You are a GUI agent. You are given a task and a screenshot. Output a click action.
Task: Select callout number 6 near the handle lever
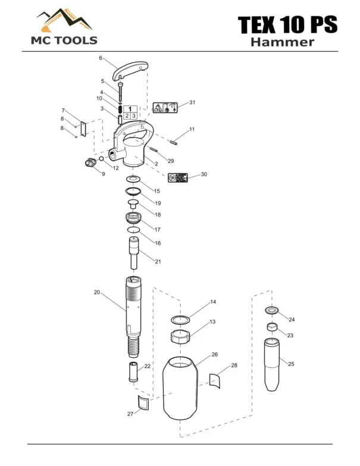101,58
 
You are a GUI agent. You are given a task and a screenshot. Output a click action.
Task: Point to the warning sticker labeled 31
165,108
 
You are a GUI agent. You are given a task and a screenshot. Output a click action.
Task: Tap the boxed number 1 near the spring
130,108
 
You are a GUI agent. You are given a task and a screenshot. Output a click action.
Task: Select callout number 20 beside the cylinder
96,292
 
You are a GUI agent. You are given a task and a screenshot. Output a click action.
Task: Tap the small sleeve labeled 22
134,372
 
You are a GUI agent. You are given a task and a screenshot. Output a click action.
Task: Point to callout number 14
212,302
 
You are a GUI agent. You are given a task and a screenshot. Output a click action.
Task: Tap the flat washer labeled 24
273,311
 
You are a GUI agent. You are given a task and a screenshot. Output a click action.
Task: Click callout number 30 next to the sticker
204,174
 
